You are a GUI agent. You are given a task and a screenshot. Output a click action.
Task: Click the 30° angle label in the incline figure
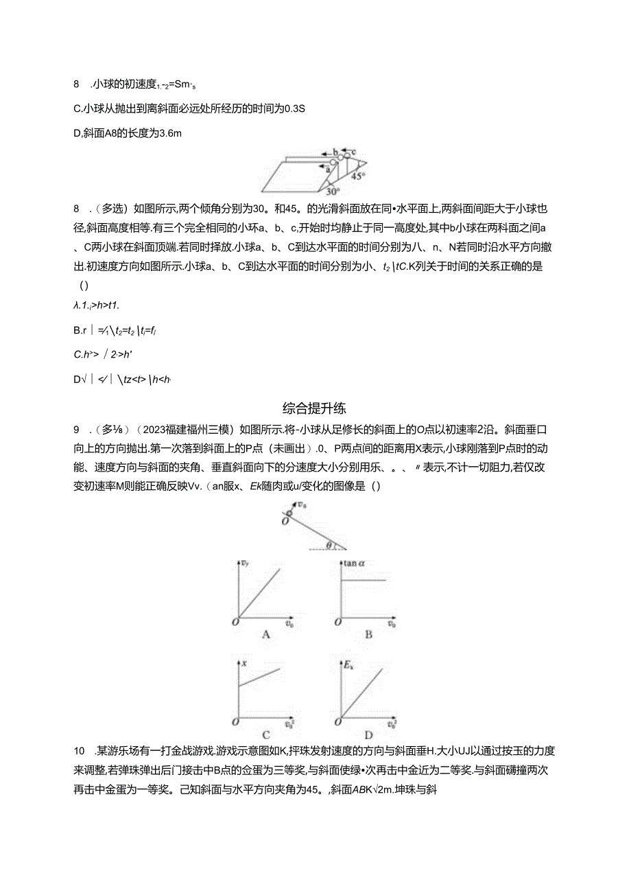331,192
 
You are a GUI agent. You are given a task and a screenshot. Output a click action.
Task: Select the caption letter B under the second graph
368,635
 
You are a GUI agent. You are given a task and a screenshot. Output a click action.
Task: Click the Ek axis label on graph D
348,664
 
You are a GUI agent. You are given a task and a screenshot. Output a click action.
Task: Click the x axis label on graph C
243,664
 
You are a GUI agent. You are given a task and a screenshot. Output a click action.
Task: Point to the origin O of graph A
235,621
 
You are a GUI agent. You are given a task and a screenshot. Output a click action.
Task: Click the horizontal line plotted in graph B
364,581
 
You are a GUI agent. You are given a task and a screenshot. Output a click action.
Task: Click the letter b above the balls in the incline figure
336,152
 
